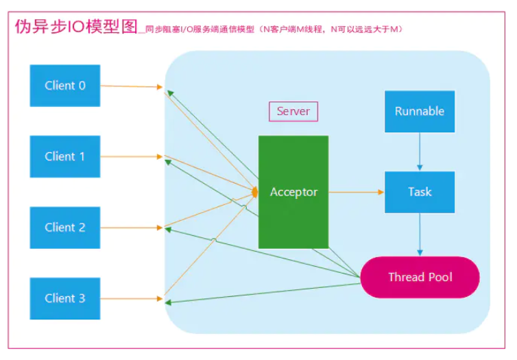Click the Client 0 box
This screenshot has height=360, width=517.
click(65, 86)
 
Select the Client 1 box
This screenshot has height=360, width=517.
click(65, 156)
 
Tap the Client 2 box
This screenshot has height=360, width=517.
click(65, 227)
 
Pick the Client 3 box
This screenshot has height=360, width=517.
click(65, 298)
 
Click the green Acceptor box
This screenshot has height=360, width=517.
click(293, 192)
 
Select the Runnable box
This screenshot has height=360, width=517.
click(420, 111)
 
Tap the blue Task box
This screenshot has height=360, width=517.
click(420, 191)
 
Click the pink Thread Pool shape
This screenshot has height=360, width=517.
click(420, 277)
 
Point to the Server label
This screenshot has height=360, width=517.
click(293, 111)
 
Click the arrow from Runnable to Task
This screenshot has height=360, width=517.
click(420, 152)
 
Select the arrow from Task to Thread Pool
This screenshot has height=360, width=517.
click(420, 234)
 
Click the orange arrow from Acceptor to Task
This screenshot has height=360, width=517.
click(357, 192)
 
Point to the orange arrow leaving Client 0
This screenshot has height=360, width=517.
click(130, 86)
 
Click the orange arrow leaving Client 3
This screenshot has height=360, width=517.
click(130, 298)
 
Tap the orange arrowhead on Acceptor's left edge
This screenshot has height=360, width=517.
click(255, 193)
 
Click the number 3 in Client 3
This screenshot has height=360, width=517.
click(82, 298)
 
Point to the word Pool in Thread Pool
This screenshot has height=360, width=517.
click(439, 277)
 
